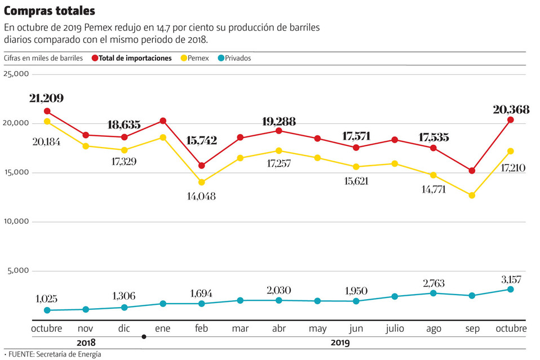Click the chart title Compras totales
[50, 11]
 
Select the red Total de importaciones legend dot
[94, 58]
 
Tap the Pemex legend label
[198, 58]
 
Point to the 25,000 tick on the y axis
[16, 74]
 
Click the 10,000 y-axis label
[16, 221]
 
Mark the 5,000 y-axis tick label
[18, 270]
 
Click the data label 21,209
[46, 98]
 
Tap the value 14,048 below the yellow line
[201, 196]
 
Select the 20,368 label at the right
[511, 110]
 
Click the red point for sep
[472, 171]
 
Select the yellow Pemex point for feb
[201, 182]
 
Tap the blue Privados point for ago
[433, 293]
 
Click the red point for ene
[163, 121]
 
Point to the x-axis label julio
[395, 328]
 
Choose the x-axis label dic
[125, 328]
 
